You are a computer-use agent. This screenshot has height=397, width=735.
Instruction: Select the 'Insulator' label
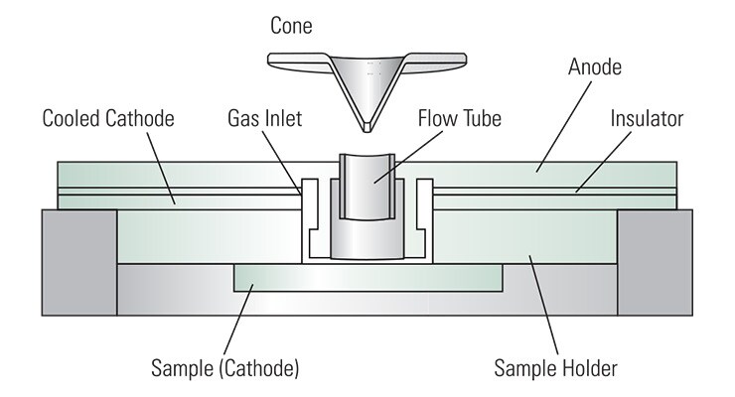coord(646,119)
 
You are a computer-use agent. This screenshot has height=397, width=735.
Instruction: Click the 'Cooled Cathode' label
coord(108,119)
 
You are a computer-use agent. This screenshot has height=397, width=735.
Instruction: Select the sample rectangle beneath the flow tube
coord(367,278)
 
